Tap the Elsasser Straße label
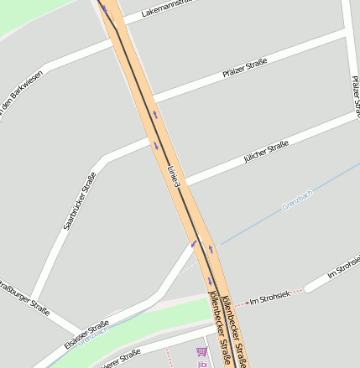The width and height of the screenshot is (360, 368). click(86, 335)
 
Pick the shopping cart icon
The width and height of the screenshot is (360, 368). click(201, 354)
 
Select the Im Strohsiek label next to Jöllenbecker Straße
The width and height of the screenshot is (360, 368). click(270, 296)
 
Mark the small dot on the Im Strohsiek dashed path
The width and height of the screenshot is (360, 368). click(246, 302)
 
